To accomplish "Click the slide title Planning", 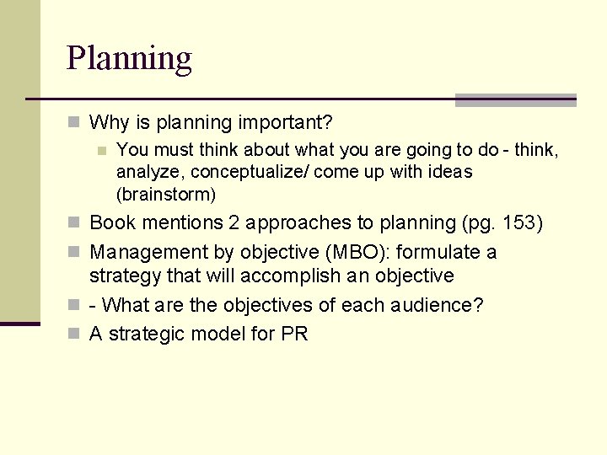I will tap(129, 59).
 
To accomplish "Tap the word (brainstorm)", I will tap(166, 195).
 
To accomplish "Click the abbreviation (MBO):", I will tap(357, 253).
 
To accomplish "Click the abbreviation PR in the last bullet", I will tap(295, 335).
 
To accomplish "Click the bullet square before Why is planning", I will tap(74, 123).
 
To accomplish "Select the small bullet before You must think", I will tap(101, 151).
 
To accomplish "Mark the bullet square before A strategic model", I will tap(74, 335).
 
